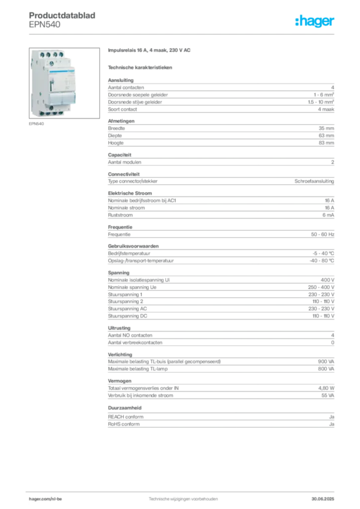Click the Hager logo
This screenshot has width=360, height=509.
(315, 21)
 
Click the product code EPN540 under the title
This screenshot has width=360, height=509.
(44, 25)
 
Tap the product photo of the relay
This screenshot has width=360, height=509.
(64, 83)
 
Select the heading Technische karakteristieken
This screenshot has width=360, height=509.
(140, 68)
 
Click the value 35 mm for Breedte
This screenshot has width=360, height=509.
(326, 128)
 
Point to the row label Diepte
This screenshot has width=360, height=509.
(115, 135)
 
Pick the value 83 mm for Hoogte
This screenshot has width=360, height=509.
(326, 143)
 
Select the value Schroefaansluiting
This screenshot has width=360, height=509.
(314, 181)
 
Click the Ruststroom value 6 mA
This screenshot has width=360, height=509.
(328, 215)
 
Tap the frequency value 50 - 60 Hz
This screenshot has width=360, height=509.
(323, 235)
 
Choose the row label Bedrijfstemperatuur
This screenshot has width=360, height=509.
(129, 253)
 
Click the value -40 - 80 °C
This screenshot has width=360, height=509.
(322, 260)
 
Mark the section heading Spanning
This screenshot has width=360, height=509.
(119, 273)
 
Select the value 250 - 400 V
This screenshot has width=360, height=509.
(321, 287)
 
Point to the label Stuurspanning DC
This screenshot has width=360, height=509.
(128, 316)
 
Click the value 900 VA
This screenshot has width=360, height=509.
(326, 362)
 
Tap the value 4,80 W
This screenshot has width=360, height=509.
(326, 388)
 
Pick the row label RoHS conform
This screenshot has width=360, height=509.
(124, 424)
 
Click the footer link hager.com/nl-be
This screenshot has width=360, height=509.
(45, 499)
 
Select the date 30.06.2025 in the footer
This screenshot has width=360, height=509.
(323, 499)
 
